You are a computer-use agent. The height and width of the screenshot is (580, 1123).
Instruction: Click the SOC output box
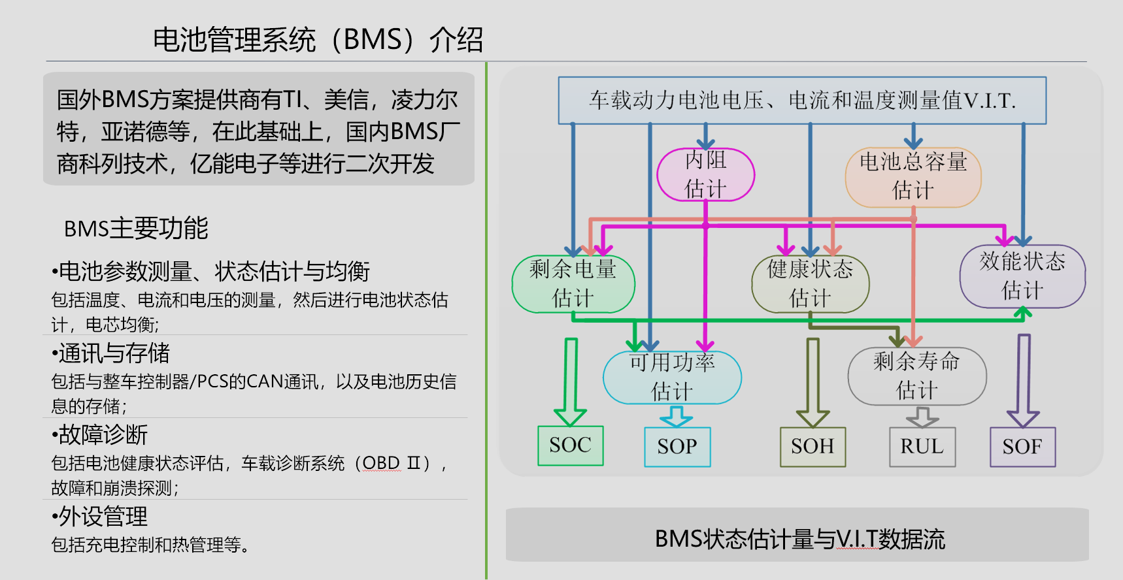(570, 445)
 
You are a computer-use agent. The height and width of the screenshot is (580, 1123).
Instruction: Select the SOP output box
(677, 447)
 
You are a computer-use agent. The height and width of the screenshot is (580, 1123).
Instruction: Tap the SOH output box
(813, 447)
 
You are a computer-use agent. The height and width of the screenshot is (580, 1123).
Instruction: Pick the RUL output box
(922, 447)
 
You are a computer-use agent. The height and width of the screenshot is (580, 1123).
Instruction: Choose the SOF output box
(1022, 447)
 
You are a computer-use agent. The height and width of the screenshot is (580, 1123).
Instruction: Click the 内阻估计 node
(705, 174)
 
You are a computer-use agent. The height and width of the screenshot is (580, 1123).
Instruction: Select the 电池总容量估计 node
(913, 177)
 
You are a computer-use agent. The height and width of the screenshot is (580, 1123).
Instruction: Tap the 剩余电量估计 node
(573, 283)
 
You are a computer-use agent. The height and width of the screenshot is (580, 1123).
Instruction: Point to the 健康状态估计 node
(810, 283)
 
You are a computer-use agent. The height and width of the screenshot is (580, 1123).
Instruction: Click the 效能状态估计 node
(1022, 276)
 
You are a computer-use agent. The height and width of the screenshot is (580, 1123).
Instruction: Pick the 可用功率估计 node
(672, 377)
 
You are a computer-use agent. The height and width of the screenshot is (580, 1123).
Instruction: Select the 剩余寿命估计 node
(916, 376)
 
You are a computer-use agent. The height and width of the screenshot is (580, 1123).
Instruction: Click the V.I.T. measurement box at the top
(802, 101)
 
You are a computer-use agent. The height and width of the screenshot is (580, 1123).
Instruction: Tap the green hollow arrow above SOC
(571, 382)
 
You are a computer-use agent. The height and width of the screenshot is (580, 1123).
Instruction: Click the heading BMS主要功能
(136, 229)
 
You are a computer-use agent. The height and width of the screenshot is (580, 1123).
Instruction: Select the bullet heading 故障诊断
(103, 434)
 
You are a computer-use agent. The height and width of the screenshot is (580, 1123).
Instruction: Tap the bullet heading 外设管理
(103, 517)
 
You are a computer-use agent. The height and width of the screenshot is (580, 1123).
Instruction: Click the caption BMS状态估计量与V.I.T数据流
(799, 540)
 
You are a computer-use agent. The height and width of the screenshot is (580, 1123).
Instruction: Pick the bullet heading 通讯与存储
(114, 353)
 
